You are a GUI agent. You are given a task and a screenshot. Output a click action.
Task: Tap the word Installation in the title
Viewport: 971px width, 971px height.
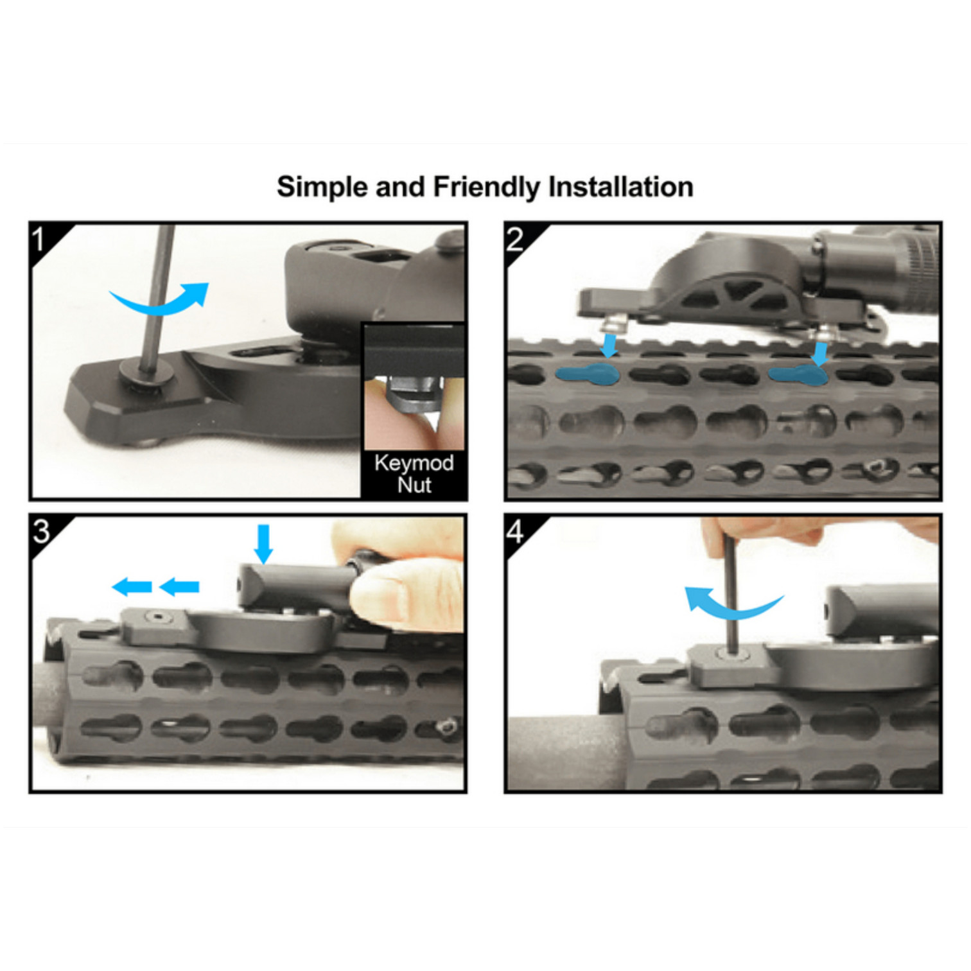621,187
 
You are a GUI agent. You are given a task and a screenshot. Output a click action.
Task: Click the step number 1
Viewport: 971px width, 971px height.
39,240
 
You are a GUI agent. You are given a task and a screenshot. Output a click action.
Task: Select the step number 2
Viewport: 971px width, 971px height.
515,240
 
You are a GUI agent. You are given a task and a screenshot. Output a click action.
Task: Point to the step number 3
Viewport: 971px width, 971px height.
41,531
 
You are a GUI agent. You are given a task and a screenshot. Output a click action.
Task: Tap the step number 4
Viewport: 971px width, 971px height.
515,531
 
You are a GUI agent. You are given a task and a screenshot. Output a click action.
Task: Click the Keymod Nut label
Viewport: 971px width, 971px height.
414,473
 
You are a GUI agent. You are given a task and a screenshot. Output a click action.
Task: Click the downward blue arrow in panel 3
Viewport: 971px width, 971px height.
263,543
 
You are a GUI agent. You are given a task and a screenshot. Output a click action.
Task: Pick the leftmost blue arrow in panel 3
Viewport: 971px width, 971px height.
132,586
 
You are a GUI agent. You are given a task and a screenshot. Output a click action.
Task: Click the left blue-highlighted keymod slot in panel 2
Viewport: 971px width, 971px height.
588,374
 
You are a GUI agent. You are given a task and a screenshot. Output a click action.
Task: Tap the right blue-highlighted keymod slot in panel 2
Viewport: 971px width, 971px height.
798,374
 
